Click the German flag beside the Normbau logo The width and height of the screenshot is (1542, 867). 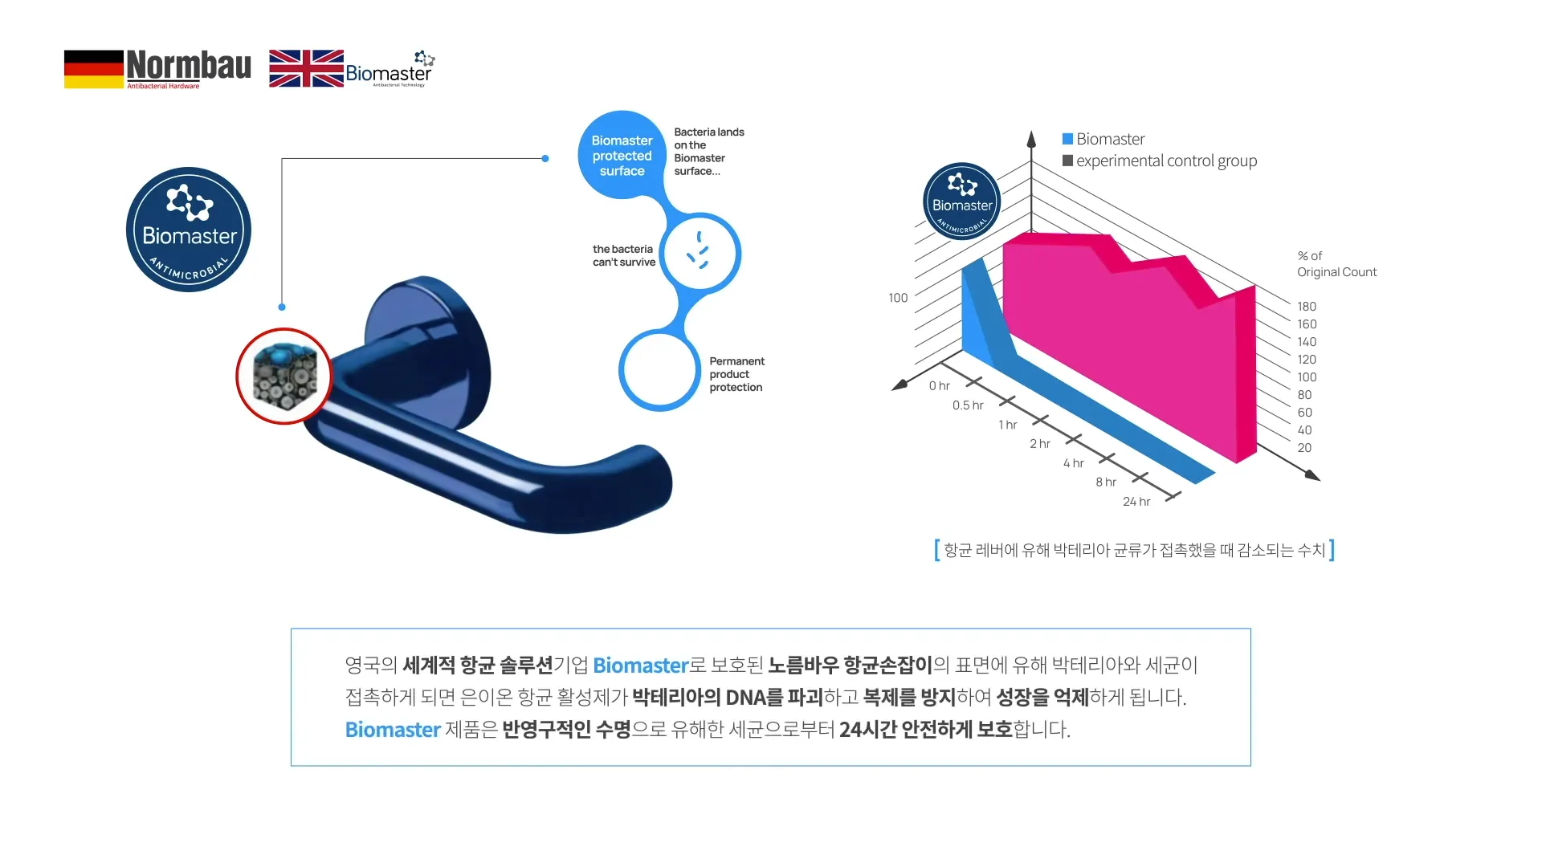tap(94, 69)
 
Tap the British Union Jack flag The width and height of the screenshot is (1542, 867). tap(306, 68)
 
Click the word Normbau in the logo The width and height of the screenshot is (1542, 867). tap(189, 65)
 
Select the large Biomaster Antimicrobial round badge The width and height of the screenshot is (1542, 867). tap(189, 230)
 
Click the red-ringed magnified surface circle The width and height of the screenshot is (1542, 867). tap(284, 376)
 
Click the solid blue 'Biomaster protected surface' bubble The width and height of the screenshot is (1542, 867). tap(622, 155)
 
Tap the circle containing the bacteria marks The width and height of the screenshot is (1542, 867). tap(700, 254)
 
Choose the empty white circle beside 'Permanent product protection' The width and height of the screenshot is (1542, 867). tap(659, 370)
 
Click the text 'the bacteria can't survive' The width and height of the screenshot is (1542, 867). tap(624, 255)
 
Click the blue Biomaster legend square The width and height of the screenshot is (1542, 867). tap(1068, 139)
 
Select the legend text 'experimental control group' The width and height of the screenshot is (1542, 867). tap(1167, 161)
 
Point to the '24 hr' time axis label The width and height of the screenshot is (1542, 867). tap(1136, 502)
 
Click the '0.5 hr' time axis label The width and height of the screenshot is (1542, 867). tap(968, 405)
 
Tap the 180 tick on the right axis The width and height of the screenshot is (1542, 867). tap(1307, 307)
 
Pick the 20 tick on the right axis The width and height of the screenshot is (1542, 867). tap(1304, 448)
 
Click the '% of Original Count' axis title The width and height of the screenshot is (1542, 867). tap(1336, 264)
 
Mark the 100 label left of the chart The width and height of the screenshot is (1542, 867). tap(898, 298)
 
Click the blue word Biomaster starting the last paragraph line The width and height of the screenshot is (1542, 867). tap(393, 730)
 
